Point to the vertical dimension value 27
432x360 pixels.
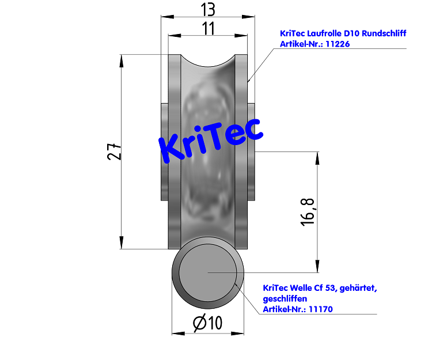pos(115,151)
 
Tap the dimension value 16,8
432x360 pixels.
pos(308,211)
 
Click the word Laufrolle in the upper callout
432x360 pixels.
pos(324,33)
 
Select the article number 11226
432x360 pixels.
pos(338,44)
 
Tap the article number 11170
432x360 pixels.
pos(321,309)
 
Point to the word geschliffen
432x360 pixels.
pos(285,298)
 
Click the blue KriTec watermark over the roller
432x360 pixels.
pos(210,139)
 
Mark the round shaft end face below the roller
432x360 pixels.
pos(207,272)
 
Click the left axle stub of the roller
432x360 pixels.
pos(164,151)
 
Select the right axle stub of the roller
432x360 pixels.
pos(251,151)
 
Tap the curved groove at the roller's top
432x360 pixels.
pos(208,63)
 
